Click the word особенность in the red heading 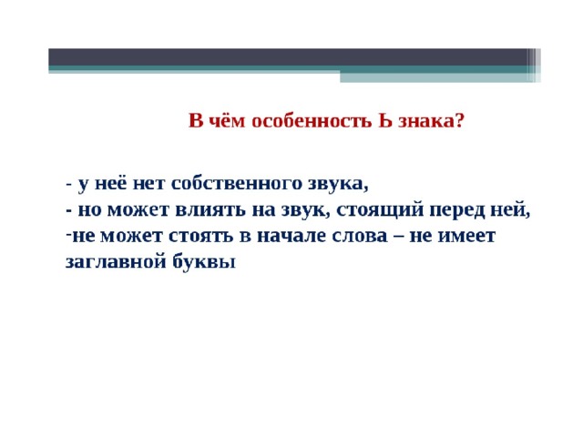pos(312,121)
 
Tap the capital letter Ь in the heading pos(384,121)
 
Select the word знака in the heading pos(426,121)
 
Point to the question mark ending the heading pos(459,121)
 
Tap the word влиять pos(210,210)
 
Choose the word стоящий pos(380,210)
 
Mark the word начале pos(291,237)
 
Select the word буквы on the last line pos(204,261)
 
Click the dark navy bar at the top pos(288,56)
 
